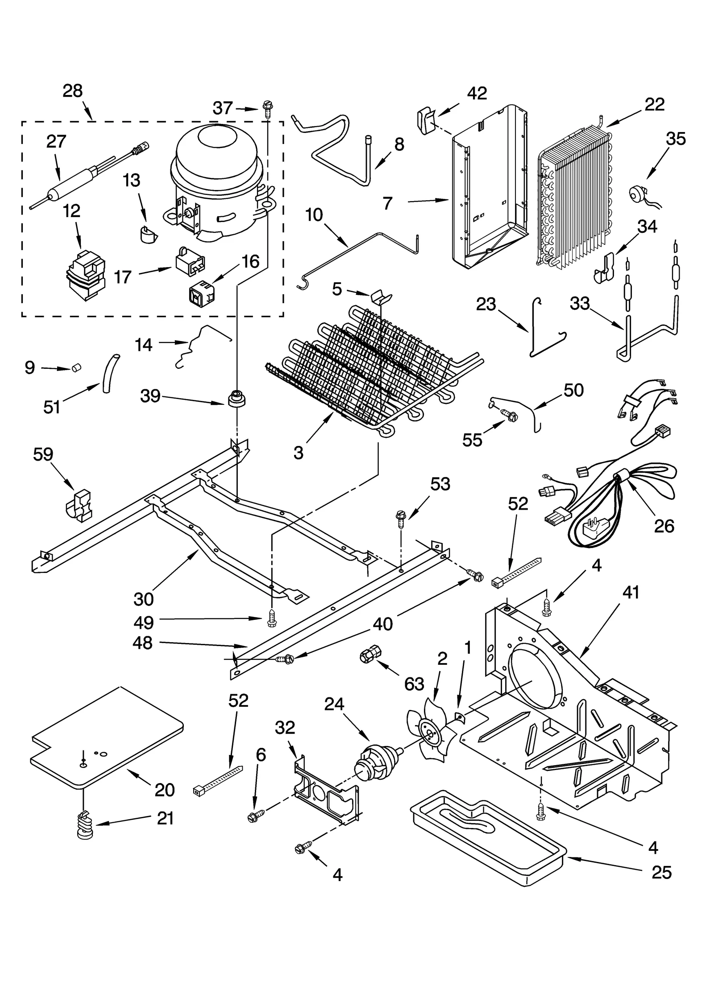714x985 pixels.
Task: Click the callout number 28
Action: pos(73,91)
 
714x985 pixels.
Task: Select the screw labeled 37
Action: pos(268,108)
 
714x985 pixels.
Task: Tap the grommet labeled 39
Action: pos(237,398)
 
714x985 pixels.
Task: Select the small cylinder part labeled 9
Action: pos(76,368)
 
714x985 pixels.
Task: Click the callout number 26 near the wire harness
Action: pos(664,526)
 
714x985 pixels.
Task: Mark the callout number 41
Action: pos(631,592)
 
